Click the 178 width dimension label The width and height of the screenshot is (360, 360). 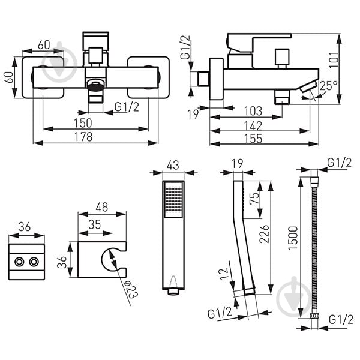click(x=83, y=137)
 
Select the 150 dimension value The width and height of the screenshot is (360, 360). click(x=83, y=123)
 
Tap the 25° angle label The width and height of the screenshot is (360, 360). click(x=329, y=86)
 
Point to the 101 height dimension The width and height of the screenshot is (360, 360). click(x=334, y=59)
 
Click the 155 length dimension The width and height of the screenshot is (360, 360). click(x=253, y=139)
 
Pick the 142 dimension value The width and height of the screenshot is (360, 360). click(x=253, y=125)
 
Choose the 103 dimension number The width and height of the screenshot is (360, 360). click(x=253, y=111)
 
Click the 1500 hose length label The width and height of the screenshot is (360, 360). click(x=293, y=238)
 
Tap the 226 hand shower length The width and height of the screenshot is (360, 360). click(x=264, y=234)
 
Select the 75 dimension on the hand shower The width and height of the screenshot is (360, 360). click(x=254, y=199)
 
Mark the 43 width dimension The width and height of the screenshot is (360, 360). click(x=173, y=165)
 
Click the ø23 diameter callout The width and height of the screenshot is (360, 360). click(x=130, y=290)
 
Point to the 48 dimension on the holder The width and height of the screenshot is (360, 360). click(x=102, y=207)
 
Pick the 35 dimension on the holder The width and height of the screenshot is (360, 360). click(x=95, y=224)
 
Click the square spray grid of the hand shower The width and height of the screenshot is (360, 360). click(x=173, y=200)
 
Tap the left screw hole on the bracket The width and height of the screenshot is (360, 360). click(x=19, y=262)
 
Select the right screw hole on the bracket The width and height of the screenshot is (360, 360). click(x=34, y=262)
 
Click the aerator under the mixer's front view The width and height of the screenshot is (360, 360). click(x=96, y=85)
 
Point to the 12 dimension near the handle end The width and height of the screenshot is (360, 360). click(x=224, y=274)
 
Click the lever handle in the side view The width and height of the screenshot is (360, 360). click(x=259, y=42)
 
